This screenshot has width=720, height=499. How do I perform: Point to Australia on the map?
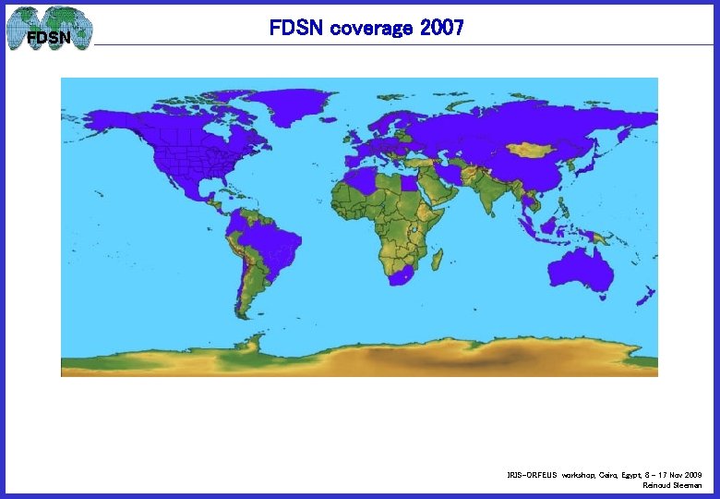coord(581,269)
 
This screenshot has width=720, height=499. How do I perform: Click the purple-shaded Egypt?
coord(408,183)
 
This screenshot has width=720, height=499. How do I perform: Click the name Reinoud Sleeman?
coord(672,485)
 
